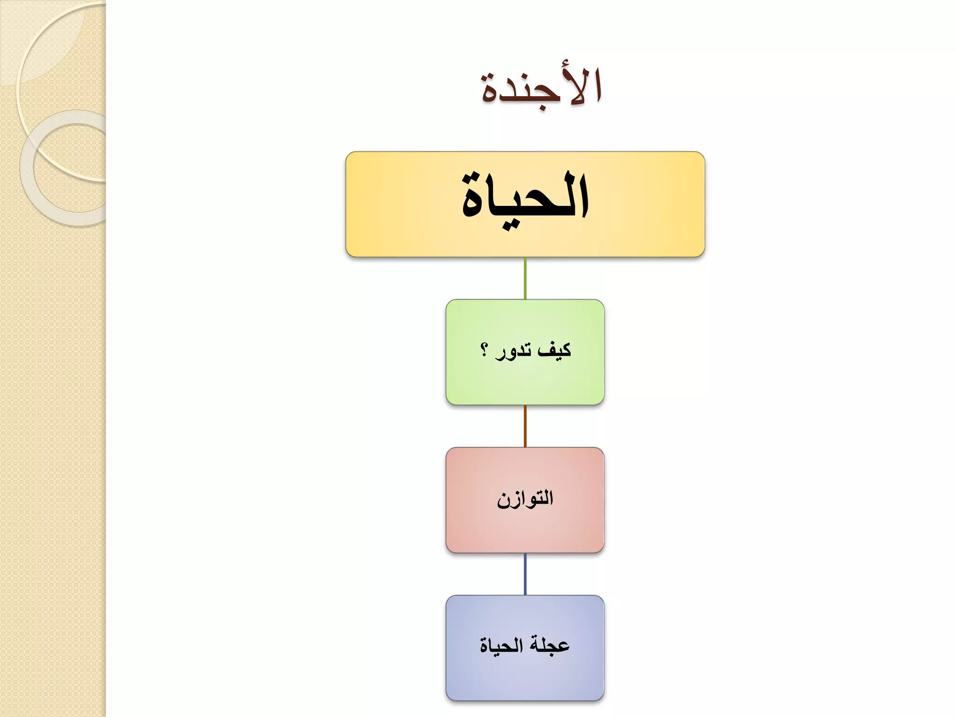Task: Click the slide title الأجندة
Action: click(x=541, y=89)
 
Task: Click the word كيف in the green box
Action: click(x=555, y=350)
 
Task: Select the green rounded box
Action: click(x=525, y=383)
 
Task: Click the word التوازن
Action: click(x=525, y=499)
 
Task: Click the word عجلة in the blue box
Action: click(x=549, y=646)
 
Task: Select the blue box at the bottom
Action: click(x=525, y=677)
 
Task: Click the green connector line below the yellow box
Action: click(x=525, y=278)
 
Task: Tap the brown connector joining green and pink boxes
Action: click(x=525, y=426)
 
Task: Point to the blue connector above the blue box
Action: click(x=525, y=574)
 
